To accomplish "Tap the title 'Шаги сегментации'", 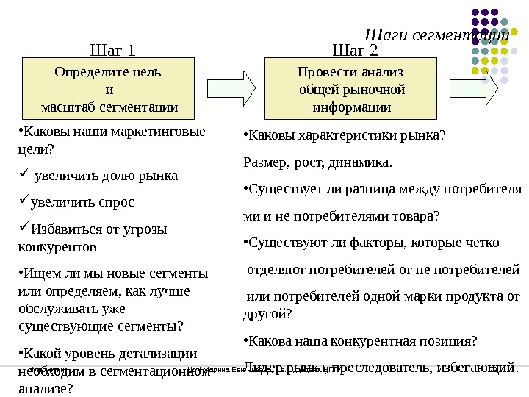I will tap(436, 35).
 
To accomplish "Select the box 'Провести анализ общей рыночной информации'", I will tap(351, 90).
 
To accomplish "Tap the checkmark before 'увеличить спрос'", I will tap(22, 201).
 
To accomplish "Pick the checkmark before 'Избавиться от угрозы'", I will tap(22, 228).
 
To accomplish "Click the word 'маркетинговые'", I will tap(159, 133).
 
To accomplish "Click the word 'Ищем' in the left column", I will tap(37, 273).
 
